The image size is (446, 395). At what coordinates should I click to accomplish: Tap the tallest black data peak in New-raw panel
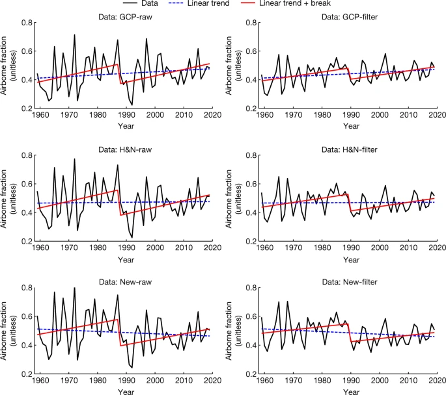click(74, 288)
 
